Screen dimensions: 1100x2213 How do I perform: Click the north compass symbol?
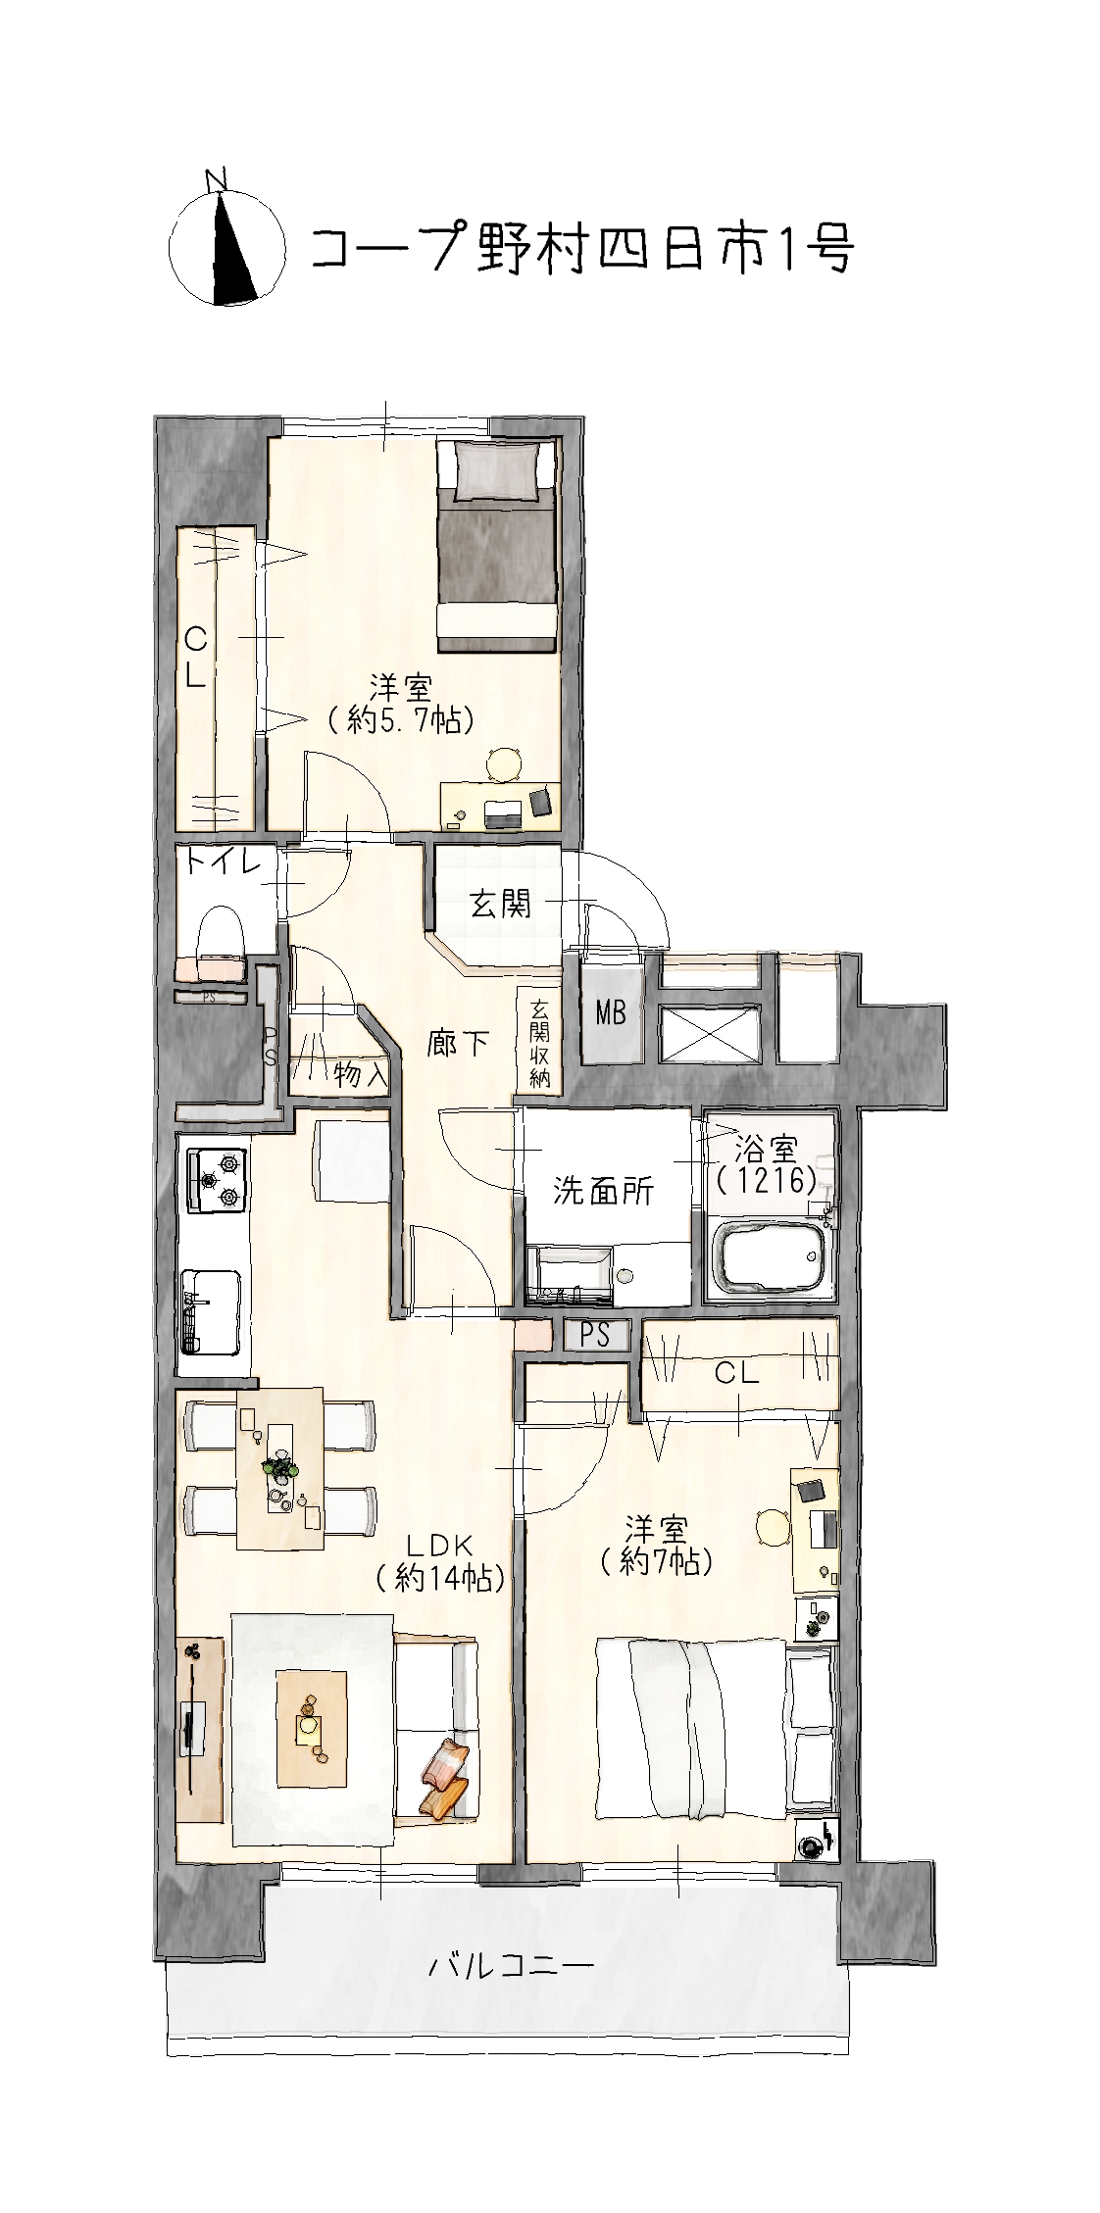click(226, 240)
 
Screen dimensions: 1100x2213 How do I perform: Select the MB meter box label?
click(611, 1012)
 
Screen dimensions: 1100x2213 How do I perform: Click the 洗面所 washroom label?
click(603, 1191)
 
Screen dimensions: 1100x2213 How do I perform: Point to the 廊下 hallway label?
click(458, 1044)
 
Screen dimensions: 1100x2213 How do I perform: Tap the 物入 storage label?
click(360, 1074)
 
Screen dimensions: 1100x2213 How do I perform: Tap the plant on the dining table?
click(280, 1469)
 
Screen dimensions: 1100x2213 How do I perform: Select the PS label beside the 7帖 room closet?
click(595, 1335)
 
